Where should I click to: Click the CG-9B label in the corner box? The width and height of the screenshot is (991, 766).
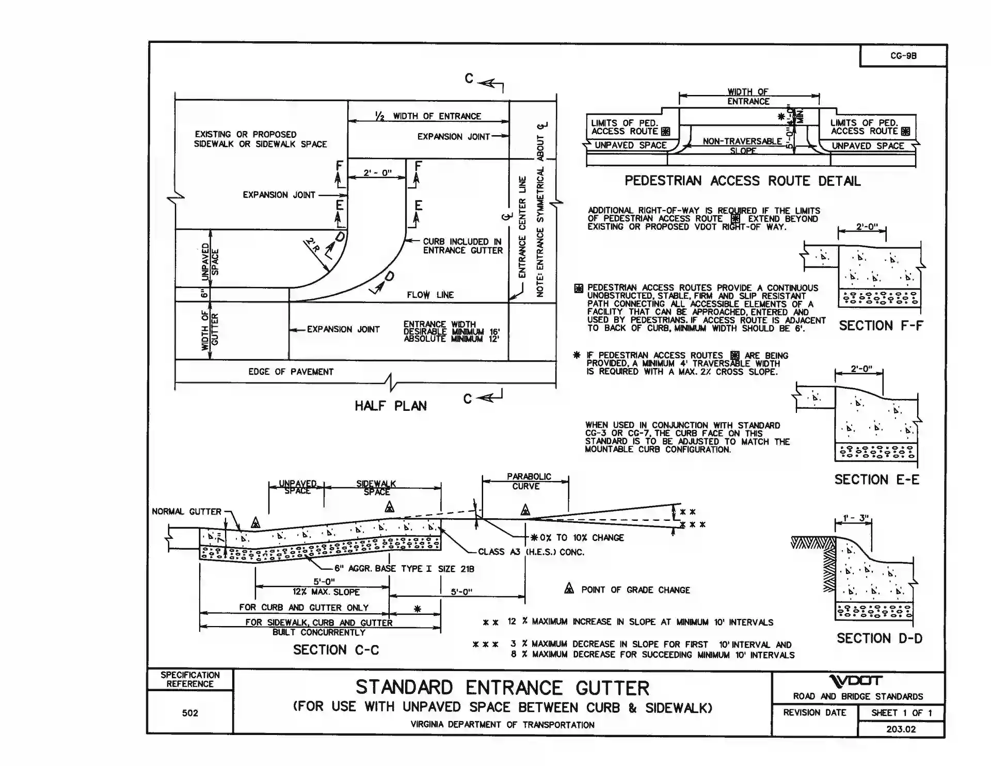903,56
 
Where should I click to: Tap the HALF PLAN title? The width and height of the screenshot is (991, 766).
391,406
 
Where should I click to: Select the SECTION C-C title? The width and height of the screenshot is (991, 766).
336,650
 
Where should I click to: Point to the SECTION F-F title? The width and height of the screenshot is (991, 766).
881,326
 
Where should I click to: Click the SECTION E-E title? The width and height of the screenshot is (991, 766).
877,480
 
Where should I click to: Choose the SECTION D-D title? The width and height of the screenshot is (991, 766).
880,639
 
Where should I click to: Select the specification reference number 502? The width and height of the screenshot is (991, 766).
190,713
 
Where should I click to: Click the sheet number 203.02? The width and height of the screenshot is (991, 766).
901,729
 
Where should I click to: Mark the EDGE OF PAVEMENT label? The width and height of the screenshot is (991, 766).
291,372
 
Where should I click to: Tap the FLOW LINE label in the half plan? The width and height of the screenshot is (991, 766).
430,295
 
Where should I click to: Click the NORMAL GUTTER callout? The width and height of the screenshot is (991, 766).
186,512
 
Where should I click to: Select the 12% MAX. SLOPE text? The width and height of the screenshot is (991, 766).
326,592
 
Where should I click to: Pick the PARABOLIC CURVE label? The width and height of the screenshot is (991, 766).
528,481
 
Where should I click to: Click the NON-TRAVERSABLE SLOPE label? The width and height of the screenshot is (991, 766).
742,146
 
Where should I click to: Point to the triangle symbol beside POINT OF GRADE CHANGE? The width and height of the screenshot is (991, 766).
569,588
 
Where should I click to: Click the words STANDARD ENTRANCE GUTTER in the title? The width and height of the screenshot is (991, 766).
502,688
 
